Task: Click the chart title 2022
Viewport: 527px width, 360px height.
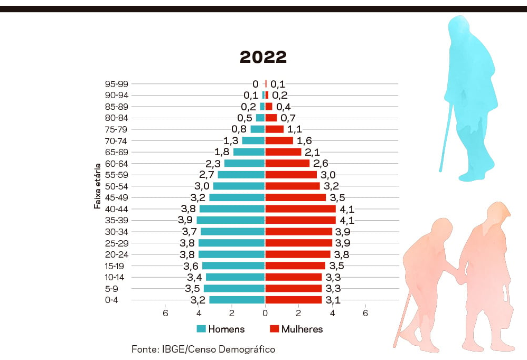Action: point(263,57)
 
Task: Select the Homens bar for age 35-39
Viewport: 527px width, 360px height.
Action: point(231,220)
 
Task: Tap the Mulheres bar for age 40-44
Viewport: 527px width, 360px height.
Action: point(300,209)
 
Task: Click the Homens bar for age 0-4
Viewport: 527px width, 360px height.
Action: point(237,300)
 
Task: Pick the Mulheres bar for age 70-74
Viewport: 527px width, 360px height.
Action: point(279,140)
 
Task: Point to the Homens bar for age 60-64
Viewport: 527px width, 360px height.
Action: point(244,164)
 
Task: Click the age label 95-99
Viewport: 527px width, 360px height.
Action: point(117,84)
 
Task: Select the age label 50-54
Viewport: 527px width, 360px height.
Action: point(117,186)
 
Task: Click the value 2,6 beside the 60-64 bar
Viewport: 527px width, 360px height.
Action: point(321,164)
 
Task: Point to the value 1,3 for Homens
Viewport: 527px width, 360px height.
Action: point(231,141)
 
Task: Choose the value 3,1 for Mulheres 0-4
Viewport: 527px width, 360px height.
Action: point(333,300)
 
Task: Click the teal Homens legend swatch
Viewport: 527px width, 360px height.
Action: point(201,329)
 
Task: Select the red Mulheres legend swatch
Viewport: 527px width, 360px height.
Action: point(274,329)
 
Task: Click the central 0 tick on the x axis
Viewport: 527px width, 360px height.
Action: point(265,313)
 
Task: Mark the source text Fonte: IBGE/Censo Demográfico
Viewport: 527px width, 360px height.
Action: point(203,349)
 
